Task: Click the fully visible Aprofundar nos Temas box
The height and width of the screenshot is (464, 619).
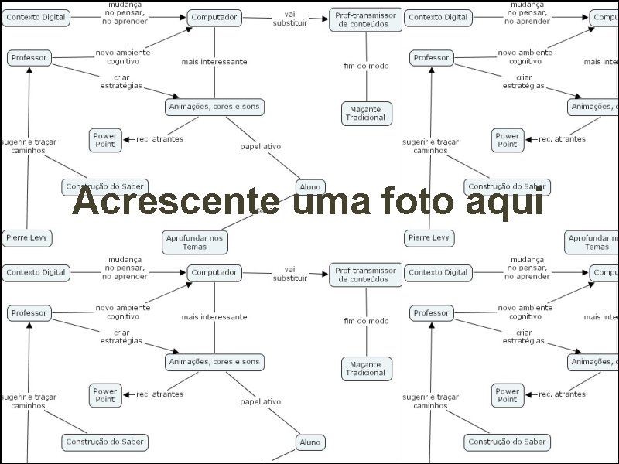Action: (195, 242)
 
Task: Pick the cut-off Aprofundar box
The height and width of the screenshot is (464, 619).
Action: (593, 242)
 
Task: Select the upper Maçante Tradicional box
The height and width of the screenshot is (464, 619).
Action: (366, 113)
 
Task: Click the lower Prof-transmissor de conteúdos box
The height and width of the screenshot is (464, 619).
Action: (367, 275)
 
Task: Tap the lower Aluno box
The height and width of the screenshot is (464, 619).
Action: (309, 442)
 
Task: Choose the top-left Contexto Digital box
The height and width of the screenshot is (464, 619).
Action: (36, 17)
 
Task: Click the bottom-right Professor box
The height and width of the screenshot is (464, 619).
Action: (431, 313)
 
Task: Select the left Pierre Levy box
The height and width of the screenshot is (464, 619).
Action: (26, 237)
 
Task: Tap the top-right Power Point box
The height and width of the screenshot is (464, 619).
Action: (507, 140)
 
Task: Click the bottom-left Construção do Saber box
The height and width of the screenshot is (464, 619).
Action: (104, 442)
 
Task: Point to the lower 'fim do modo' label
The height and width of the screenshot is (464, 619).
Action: (366, 321)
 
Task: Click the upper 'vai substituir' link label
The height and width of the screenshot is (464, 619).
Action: (289, 18)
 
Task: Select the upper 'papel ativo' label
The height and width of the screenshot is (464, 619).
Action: (260, 146)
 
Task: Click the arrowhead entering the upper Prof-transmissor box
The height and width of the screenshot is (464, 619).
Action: (325, 18)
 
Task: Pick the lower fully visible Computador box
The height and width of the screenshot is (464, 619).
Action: (214, 272)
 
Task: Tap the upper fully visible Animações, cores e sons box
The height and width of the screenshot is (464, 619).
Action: (214, 107)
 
